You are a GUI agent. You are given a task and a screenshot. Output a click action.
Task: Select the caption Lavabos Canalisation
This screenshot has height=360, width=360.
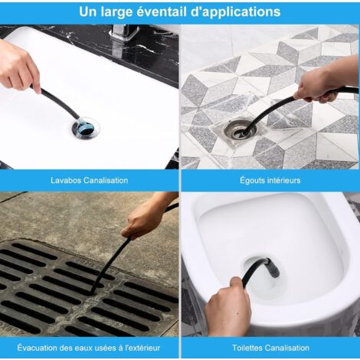(89, 180)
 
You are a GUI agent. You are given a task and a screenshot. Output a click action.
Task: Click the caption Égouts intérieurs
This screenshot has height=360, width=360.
(270, 180)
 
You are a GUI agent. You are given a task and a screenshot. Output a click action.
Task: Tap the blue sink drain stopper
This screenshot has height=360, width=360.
(86, 126)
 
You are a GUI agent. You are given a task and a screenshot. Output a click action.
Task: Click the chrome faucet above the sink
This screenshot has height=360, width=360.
(125, 33)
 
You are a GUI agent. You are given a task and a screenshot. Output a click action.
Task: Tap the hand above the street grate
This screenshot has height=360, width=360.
(145, 220)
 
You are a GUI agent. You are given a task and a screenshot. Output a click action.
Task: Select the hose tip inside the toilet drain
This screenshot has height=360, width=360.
(273, 268)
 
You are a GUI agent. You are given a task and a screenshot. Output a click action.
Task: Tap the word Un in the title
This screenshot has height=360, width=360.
(88, 11)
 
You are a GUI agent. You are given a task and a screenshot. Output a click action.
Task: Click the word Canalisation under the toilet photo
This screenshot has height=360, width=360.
(286, 348)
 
